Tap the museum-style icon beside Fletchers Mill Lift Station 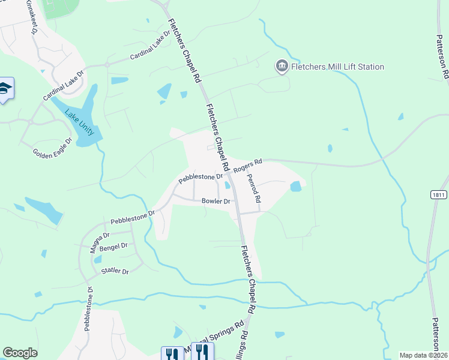282,66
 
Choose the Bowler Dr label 216,202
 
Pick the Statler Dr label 115,271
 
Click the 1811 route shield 439,195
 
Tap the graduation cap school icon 5,89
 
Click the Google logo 20,353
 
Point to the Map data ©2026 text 423,355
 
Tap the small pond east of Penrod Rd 295,187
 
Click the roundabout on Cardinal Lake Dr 107,64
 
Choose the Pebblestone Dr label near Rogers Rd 200,178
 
